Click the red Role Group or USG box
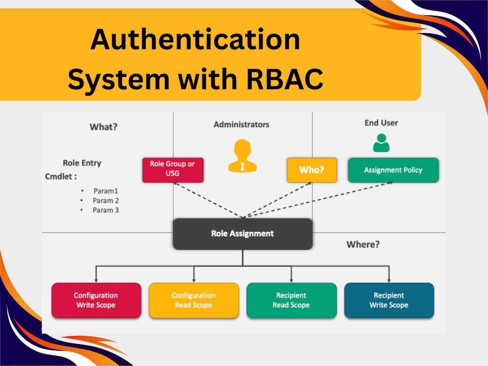(x=173, y=170)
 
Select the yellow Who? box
(x=312, y=170)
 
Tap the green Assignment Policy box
(x=393, y=170)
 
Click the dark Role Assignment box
(x=243, y=234)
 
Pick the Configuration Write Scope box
(x=96, y=300)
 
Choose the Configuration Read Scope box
(x=194, y=300)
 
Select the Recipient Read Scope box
(x=292, y=300)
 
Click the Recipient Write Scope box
(x=389, y=300)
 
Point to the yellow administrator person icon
(x=243, y=156)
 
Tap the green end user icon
(x=381, y=143)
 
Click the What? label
(x=103, y=127)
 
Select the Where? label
(x=363, y=244)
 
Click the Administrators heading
(x=242, y=124)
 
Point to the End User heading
(x=381, y=123)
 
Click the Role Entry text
(x=82, y=163)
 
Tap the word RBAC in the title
(x=285, y=79)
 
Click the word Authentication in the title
(x=196, y=39)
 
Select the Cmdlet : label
(x=61, y=177)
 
